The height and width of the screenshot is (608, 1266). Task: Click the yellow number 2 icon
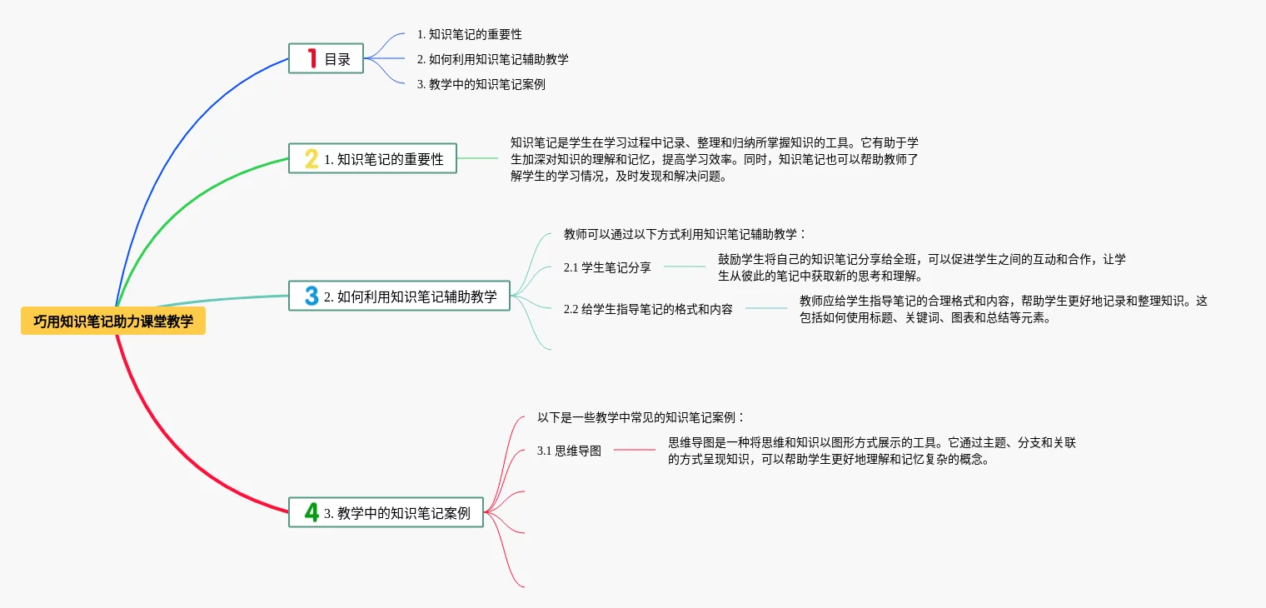(x=312, y=158)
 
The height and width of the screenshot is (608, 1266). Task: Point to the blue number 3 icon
(x=312, y=296)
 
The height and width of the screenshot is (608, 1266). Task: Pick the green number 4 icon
(x=312, y=512)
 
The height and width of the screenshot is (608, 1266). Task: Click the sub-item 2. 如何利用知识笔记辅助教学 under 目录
(x=493, y=59)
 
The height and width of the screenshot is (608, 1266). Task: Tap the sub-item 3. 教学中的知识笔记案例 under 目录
(x=481, y=84)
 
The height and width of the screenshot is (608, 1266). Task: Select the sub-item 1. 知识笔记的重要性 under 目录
(x=470, y=34)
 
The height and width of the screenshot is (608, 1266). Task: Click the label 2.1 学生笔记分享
(x=607, y=267)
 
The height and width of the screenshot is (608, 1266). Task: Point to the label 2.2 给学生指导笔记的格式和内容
(x=648, y=309)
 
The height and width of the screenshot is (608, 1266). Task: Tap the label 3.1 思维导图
(x=569, y=451)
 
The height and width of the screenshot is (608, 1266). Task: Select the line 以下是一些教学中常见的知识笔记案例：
(x=640, y=417)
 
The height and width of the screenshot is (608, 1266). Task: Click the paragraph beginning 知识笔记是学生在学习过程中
(x=714, y=159)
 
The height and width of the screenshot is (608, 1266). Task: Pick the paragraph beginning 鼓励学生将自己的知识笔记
(x=921, y=267)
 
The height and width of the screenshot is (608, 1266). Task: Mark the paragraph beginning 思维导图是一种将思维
(x=871, y=451)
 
